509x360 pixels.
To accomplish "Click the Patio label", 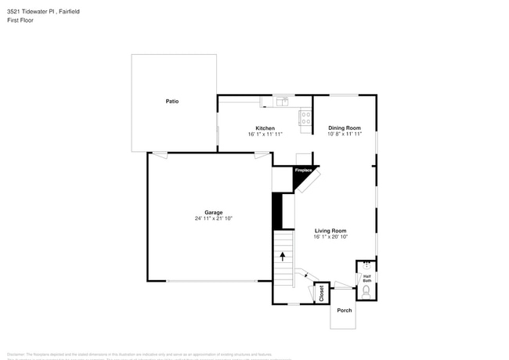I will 172,101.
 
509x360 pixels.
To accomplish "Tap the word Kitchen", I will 265,128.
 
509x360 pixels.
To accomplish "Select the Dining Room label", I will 344,128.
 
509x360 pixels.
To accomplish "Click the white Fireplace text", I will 303,170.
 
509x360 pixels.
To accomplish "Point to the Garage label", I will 214,212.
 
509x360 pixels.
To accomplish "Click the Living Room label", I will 330,231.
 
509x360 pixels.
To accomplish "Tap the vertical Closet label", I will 321,293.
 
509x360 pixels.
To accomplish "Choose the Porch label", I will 345,311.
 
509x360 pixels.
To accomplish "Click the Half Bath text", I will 366,278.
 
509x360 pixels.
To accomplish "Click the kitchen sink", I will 281,101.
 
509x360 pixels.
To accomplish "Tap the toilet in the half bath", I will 366,293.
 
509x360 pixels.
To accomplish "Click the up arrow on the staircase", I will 283,255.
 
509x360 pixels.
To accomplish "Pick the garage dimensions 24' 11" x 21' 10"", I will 214,218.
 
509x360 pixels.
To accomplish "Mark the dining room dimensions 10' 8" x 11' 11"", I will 344,134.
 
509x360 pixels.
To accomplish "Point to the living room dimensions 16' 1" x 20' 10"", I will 330,237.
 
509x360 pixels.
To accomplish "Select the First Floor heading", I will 20,20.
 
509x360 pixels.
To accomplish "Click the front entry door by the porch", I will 343,287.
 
